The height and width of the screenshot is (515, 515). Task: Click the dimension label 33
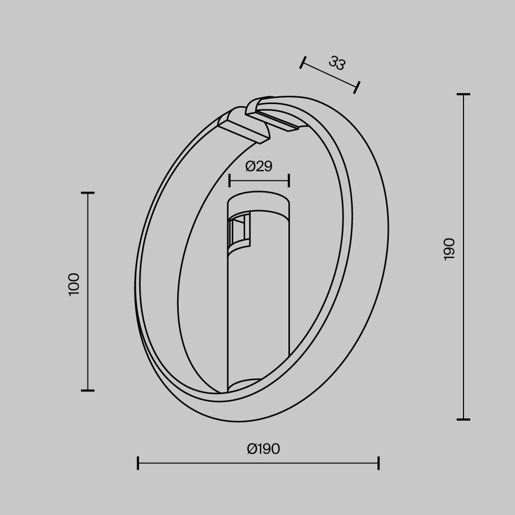coord(337,64)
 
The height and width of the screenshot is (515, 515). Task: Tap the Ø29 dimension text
coord(259,166)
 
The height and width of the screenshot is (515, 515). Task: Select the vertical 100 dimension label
coord(75,284)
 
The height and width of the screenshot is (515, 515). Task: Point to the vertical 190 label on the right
coord(450,249)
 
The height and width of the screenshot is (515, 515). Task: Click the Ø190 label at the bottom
coord(263,449)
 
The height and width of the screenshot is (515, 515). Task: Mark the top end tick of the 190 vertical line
coord(463,95)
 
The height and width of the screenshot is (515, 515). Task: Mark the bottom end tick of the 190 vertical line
coord(463,419)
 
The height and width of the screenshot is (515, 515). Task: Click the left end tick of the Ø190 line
coord(138,462)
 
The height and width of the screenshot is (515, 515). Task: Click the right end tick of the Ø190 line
coord(379,462)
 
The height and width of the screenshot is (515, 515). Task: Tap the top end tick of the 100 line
coord(88,193)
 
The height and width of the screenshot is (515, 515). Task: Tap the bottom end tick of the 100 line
coord(88,390)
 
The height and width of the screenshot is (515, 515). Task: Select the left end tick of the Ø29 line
coord(230,181)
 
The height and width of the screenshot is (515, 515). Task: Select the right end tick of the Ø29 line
coord(289,181)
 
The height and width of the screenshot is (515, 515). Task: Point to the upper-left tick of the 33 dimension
coord(303,62)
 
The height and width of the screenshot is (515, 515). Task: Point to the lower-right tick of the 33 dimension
coord(357,87)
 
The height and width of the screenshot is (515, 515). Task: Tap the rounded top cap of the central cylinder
coord(259,201)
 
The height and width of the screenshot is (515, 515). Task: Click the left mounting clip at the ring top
coord(243,125)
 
